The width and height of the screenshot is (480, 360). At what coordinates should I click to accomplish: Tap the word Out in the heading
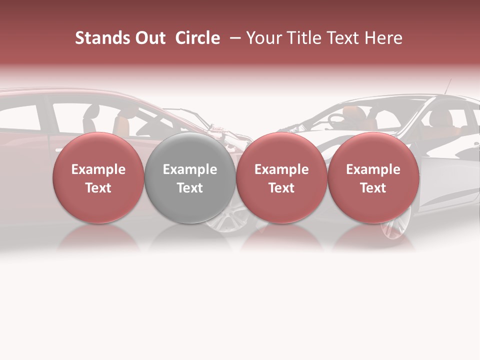[x=149, y=38]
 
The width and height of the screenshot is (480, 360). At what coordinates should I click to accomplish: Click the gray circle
[x=190, y=177]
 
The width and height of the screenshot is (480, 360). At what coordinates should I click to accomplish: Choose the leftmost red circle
[x=98, y=177]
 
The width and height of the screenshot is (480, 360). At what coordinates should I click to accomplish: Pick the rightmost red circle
[x=373, y=177]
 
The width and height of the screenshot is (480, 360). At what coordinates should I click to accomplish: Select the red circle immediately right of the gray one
[x=281, y=177]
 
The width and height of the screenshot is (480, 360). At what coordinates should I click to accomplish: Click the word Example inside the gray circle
[x=190, y=169]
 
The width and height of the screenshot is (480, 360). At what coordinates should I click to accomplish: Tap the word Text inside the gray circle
[x=190, y=188]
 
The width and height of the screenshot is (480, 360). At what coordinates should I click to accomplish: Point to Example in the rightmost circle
[x=373, y=169]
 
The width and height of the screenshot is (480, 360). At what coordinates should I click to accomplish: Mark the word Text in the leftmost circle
[x=98, y=188]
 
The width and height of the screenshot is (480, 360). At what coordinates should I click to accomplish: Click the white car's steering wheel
[x=336, y=119]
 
